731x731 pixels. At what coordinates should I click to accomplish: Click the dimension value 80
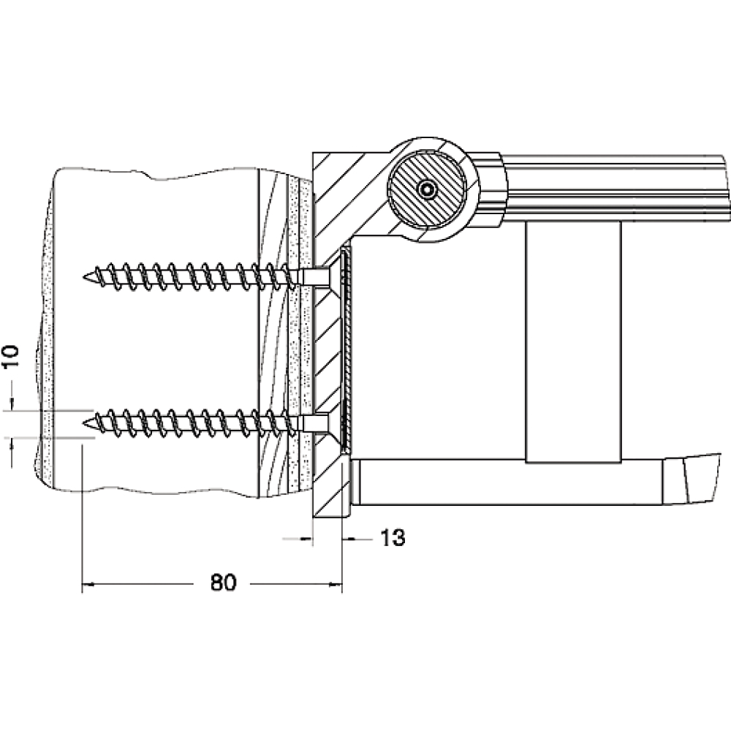223,583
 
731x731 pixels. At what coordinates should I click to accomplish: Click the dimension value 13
393,538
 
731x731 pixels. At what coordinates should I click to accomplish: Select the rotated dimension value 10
11,356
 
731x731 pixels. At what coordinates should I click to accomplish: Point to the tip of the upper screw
83,277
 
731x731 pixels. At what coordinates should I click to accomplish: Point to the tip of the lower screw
83,423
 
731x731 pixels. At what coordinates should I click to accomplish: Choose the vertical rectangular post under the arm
573,342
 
